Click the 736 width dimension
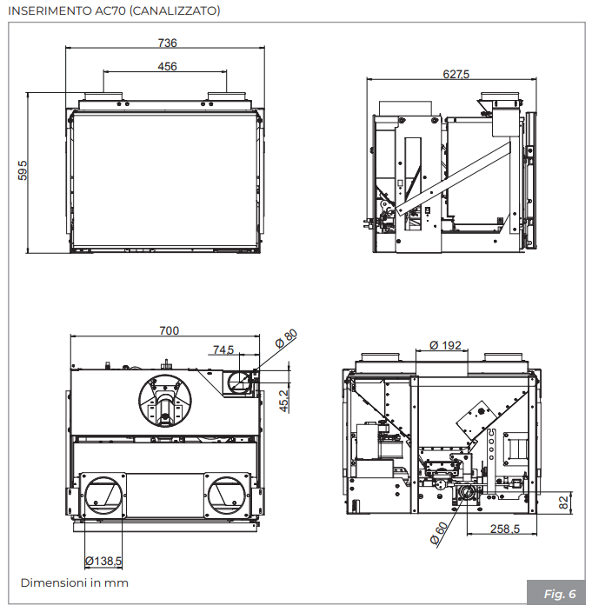pyautogui.click(x=167, y=43)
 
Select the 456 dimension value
pyautogui.click(x=167, y=67)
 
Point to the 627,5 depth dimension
pyautogui.click(x=456, y=75)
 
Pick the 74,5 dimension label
pyautogui.click(x=223, y=350)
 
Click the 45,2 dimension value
pyautogui.click(x=284, y=399)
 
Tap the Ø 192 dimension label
pyautogui.click(x=445, y=345)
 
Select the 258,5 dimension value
pyautogui.click(x=504, y=529)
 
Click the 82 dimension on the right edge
pyautogui.click(x=563, y=501)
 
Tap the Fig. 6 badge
pyautogui.click(x=559, y=594)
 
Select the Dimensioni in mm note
pyautogui.click(x=75, y=582)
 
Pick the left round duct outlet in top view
pyautogui.click(x=103, y=496)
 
